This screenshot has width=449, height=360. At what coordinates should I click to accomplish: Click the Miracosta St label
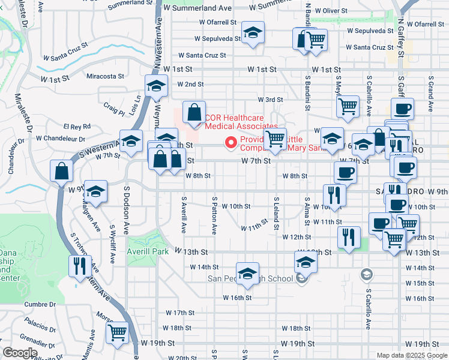[x=105, y=76]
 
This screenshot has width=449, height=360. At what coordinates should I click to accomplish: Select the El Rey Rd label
[x=77, y=127]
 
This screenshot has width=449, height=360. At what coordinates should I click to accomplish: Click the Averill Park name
[x=148, y=251]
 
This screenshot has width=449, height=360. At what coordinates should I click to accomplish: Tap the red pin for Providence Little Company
[x=229, y=142]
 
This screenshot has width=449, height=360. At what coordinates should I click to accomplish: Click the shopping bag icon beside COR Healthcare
[x=194, y=112]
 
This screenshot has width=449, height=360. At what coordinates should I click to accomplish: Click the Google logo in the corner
[x=20, y=353]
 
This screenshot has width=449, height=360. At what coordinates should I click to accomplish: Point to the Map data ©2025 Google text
[x=412, y=355]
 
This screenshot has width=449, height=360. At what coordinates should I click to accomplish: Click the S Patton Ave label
[x=214, y=214]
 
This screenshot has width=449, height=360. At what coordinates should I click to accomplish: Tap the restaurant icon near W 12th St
[x=348, y=236]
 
